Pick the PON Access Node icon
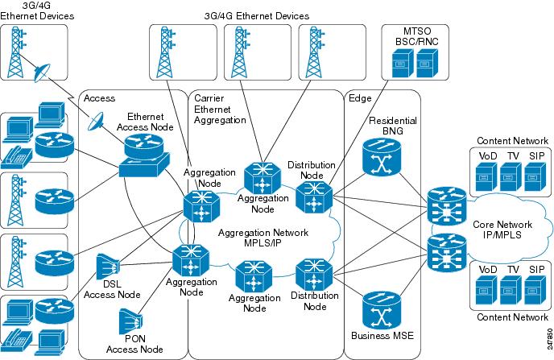[x=133, y=322]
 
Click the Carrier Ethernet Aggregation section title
[x=220, y=109]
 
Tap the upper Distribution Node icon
[x=310, y=196]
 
